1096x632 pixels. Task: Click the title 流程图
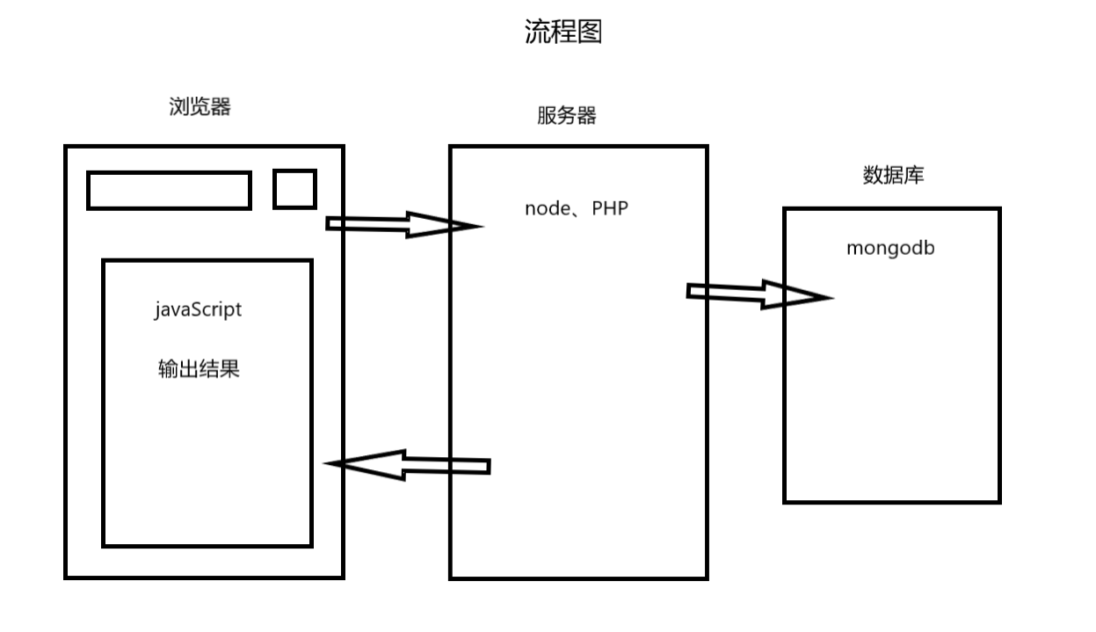(x=563, y=33)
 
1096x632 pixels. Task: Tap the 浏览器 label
(x=200, y=107)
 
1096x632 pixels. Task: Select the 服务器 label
(x=567, y=116)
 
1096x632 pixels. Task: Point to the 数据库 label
(x=894, y=175)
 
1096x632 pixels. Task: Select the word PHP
(x=610, y=209)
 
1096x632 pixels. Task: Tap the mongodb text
(x=890, y=248)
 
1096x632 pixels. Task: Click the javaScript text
(x=198, y=310)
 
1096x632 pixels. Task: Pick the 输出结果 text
(x=199, y=369)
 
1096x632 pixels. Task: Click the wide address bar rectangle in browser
(x=169, y=191)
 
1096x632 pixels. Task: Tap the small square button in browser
(x=294, y=190)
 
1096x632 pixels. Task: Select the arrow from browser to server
(x=400, y=225)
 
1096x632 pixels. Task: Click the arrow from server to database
(x=756, y=294)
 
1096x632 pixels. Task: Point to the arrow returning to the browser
(x=409, y=465)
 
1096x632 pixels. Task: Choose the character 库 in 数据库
(x=914, y=175)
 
